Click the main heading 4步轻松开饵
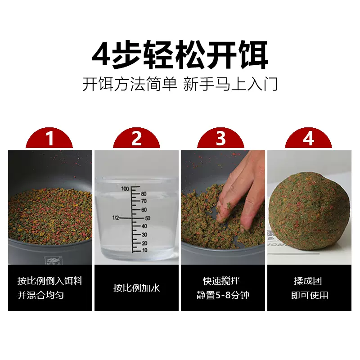coord(180,55)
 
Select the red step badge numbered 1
coord(50,139)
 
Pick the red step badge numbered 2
coord(136,139)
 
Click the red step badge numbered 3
coord(220,139)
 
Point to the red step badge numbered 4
coord(308,139)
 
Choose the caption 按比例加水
coord(136,288)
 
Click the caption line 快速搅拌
coord(221,281)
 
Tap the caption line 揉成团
coord(308,281)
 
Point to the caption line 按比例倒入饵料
coord(49,281)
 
